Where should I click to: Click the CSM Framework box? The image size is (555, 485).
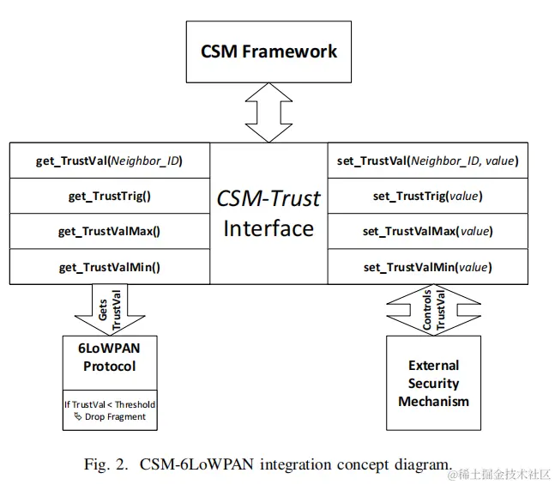pos(268,51)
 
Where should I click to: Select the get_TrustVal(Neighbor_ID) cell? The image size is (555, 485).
pos(109,161)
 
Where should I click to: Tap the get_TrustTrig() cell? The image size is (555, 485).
pos(109,196)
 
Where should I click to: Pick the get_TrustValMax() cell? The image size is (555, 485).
pos(109,231)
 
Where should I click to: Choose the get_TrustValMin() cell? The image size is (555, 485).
pos(109,267)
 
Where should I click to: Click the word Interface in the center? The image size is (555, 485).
pos(268,228)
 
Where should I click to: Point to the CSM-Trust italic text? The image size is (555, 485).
pos(268,199)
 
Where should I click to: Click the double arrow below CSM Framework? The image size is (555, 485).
pos(268,112)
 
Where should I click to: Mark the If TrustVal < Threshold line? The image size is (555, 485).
pos(109,404)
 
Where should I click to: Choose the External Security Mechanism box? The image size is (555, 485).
pos(433,383)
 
